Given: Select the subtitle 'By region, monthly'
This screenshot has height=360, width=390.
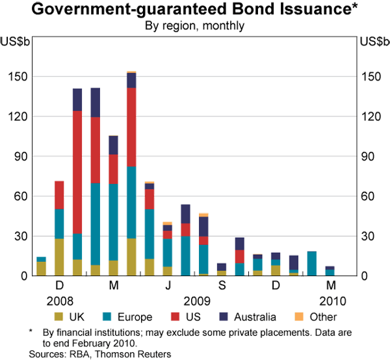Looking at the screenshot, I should tap(194, 27).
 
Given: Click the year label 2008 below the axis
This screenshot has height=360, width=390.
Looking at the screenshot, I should tap(59, 301).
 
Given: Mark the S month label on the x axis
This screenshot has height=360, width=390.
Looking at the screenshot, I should tap(222, 287).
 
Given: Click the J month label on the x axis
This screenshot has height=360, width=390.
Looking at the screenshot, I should tap(168, 287).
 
